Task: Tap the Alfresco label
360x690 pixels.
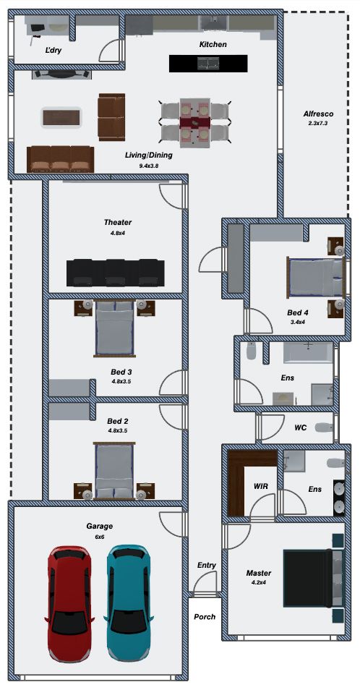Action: [x=318, y=114]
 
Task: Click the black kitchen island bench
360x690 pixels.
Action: [x=208, y=64]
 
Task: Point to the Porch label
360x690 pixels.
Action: [x=205, y=616]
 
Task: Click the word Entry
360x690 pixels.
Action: [x=206, y=565]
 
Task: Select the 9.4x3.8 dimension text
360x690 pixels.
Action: [x=149, y=166]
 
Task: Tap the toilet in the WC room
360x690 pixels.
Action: [x=324, y=427]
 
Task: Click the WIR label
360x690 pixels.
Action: [x=261, y=486]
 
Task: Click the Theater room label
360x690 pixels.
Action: [x=118, y=222]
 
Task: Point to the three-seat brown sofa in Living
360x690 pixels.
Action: [x=60, y=159]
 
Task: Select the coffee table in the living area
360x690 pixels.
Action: [x=61, y=117]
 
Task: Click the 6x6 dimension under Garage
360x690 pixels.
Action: [x=99, y=537]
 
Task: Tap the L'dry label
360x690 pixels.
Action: [x=53, y=50]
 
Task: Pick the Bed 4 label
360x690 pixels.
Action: [x=298, y=313]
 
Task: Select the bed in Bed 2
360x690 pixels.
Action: [x=114, y=470]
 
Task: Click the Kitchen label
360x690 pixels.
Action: [x=213, y=44]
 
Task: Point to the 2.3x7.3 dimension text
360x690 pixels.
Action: [x=318, y=124]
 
